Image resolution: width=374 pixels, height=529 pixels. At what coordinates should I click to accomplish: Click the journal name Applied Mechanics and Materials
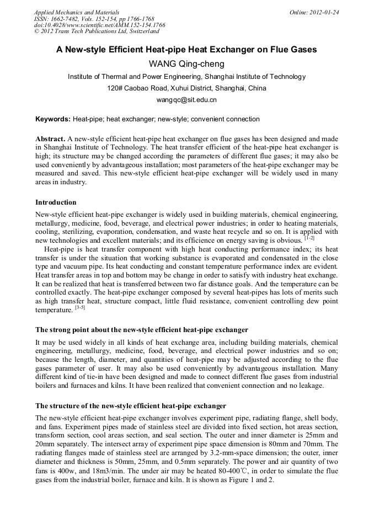(x=76, y=12)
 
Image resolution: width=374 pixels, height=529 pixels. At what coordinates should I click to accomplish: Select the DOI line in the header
(x=99, y=25)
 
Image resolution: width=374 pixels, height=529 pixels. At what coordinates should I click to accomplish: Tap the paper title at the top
(x=186, y=50)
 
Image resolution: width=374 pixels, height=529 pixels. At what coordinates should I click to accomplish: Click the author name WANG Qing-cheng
(x=186, y=63)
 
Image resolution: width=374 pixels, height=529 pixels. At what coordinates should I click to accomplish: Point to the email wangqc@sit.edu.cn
(x=186, y=100)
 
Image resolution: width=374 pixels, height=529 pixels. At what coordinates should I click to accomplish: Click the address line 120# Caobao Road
(x=186, y=88)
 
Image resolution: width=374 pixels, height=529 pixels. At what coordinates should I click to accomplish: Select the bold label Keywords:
(x=53, y=119)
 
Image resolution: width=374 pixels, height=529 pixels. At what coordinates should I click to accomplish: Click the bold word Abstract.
(x=50, y=139)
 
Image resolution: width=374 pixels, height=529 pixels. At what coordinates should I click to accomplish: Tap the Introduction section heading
(x=56, y=202)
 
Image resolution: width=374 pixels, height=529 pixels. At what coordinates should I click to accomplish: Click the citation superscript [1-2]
(x=309, y=238)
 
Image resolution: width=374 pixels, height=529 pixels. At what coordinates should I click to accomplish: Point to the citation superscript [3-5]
(x=80, y=308)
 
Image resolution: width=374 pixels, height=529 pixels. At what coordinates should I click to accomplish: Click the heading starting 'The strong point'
(x=142, y=330)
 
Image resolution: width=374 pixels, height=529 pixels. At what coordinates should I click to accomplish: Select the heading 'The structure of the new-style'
(x=131, y=405)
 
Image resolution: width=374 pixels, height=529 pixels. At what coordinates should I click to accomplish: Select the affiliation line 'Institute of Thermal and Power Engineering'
(x=186, y=77)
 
